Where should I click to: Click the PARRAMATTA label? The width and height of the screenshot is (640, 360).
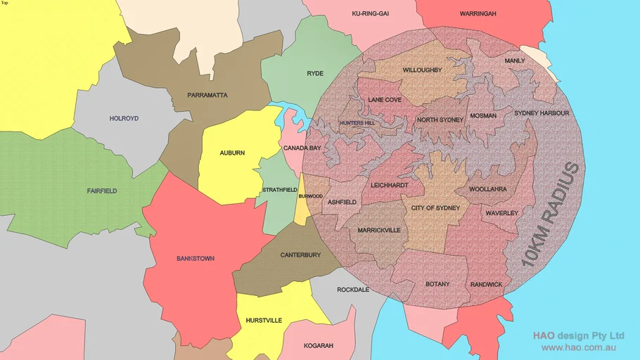[x=207, y=95]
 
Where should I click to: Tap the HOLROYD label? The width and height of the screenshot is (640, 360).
[x=124, y=118]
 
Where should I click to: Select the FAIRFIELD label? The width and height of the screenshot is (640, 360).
[x=102, y=191]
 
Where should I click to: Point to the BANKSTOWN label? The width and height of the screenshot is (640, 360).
[x=196, y=259]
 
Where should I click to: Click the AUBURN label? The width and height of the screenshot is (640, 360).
[x=232, y=153]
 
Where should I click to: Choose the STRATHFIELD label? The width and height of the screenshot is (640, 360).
[x=280, y=190]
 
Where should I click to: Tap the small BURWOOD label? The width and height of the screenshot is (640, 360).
[x=310, y=197]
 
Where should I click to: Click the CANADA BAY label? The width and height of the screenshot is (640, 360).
[x=302, y=148]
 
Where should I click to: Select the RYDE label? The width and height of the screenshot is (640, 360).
[x=315, y=73]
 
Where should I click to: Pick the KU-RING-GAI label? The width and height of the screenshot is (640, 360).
[x=371, y=13]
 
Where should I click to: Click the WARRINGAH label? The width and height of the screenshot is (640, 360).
[x=478, y=13]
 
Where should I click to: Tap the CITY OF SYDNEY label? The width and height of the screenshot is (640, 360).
[x=435, y=208]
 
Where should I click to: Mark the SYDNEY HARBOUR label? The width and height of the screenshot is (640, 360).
[x=542, y=113]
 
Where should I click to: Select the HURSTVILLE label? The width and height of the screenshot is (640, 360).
[x=264, y=321]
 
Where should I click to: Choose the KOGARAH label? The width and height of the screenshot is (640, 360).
[x=319, y=346]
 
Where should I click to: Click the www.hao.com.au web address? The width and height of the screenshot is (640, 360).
[x=579, y=347]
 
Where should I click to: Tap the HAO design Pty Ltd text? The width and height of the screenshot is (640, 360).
[x=578, y=335]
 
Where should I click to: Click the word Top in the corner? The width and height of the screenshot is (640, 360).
[x=5, y=3]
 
